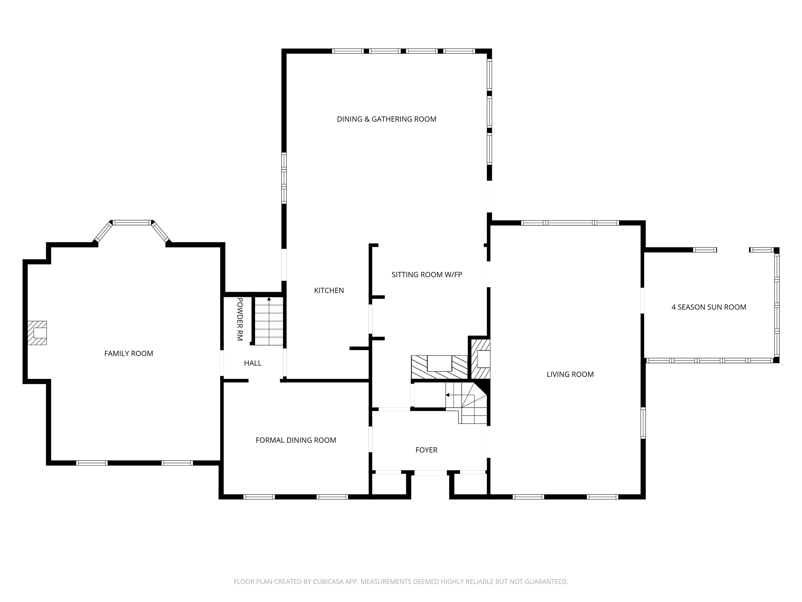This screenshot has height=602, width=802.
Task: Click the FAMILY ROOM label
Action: click(128, 354)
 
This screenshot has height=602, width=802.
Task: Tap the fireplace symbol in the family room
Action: click(37, 333)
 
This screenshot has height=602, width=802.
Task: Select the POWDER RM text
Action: click(240, 319)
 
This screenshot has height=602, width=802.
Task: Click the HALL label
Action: click(253, 363)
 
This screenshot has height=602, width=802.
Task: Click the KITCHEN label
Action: click(329, 290)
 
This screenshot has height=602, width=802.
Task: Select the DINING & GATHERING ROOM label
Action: click(386, 119)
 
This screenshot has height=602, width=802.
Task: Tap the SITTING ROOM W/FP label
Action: click(427, 275)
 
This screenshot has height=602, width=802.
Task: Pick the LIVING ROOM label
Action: click(570, 374)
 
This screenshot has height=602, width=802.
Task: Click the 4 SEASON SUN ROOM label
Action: click(709, 307)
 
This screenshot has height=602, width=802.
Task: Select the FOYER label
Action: click(426, 450)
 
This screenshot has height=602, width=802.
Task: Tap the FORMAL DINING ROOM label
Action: click(296, 440)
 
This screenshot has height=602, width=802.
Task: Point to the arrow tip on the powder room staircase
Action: click(269, 299)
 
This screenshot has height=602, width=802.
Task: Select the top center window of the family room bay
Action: click(132, 222)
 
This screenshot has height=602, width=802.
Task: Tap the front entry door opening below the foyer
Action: click(430, 473)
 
